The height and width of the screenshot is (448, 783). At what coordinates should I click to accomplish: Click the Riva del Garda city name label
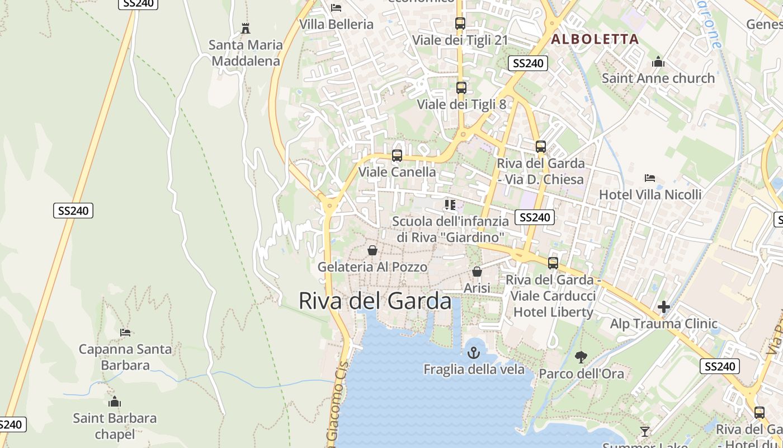coord(375,301)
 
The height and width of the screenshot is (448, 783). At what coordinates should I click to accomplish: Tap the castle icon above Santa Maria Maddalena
coord(245,28)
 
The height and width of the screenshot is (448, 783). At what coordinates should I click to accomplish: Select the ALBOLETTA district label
coord(595,39)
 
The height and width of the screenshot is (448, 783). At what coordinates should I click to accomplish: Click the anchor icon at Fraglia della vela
coord(474,353)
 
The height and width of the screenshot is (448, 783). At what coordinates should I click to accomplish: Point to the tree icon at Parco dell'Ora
coord(581,357)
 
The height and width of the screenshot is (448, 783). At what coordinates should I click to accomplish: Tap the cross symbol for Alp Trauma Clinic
coord(664,307)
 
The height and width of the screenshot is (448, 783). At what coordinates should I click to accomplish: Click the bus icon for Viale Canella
coord(397,156)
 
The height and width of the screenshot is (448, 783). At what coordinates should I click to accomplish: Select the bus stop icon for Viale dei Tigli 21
coord(460,24)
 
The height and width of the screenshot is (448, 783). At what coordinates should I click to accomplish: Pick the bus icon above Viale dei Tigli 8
coord(461,88)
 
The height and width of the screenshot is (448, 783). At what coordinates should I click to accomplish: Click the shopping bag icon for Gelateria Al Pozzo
coord(372,250)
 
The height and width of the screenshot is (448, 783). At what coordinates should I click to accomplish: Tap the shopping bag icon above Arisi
coord(477,272)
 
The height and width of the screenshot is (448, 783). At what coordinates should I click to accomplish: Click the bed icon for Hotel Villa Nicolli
coord(650,178)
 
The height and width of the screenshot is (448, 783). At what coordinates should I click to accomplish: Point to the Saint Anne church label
coord(658,78)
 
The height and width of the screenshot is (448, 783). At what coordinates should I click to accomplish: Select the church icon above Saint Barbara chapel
coord(115,402)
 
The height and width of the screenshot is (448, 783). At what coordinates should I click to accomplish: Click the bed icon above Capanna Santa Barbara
coord(125,333)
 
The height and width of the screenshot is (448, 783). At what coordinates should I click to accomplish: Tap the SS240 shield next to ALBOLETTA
coord(528,63)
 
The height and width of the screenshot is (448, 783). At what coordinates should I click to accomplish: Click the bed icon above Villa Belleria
coord(336,8)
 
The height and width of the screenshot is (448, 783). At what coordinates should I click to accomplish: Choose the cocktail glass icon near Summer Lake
coord(645,431)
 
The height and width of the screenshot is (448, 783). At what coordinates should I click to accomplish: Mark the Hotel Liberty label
coord(553,312)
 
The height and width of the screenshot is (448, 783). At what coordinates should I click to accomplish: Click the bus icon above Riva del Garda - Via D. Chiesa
coord(541,147)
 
